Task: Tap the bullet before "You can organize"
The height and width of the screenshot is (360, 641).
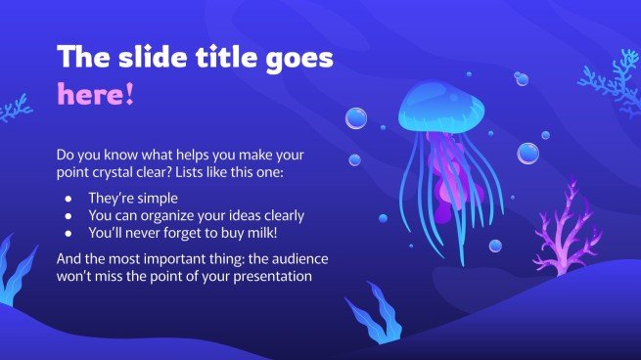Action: pyautogui.click(x=68, y=215)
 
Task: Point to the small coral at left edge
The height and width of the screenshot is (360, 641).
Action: pyautogui.click(x=14, y=107)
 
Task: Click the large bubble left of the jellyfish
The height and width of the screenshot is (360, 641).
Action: pyautogui.click(x=357, y=119)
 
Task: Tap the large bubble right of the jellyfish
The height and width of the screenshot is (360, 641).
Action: pyautogui.click(x=527, y=153)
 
